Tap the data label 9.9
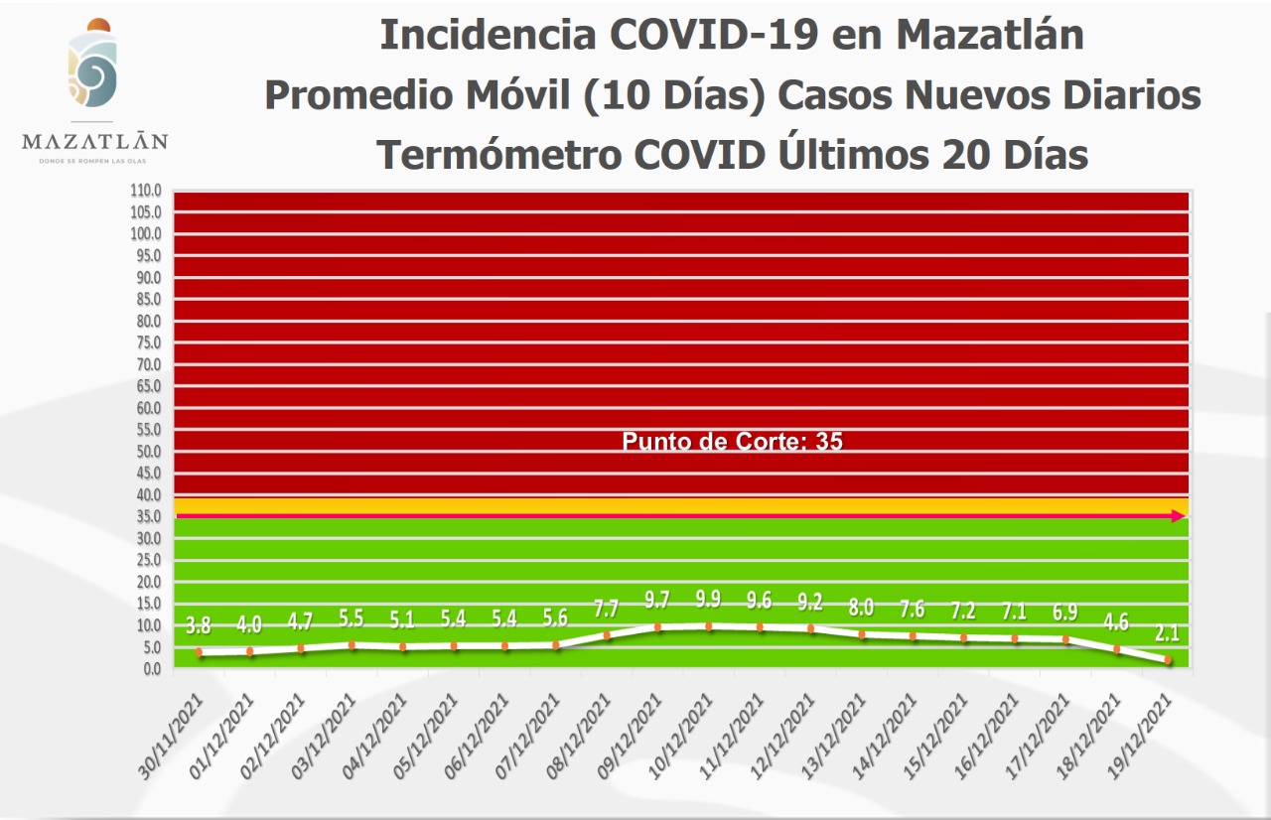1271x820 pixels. (x=709, y=600)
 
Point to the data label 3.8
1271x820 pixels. (x=199, y=626)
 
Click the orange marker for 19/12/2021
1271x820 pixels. (x=1168, y=660)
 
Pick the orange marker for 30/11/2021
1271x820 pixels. (x=199, y=652)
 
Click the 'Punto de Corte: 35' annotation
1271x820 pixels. (x=732, y=442)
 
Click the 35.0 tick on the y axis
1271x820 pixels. (x=149, y=516)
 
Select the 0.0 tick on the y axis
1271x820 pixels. (x=152, y=669)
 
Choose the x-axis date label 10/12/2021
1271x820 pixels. (x=684, y=736)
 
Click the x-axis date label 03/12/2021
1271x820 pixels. (x=328, y=736)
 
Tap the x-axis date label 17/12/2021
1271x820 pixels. (x=1041, y=736)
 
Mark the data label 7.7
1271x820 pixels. (x=607, y=609)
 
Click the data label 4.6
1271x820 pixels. (x=1116, y=623)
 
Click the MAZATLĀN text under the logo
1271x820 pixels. (x=94, y=142)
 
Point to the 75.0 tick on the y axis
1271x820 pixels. (x=149, y=342)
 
